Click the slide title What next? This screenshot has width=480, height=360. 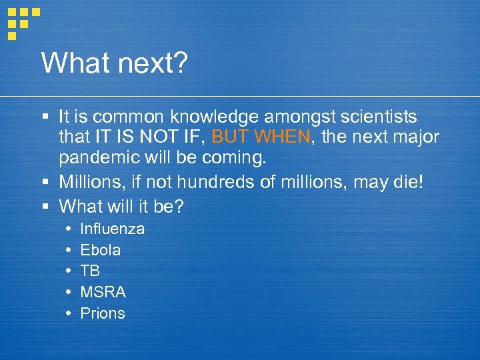click(115, 63)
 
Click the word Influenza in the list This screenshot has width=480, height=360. click(112, 229)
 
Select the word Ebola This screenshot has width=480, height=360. click(101, 250)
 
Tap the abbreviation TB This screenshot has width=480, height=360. click(90, 271)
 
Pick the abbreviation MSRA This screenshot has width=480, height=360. click(103, 292)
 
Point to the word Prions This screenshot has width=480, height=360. click(103, 313)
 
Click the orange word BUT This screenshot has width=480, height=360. click(229, 138)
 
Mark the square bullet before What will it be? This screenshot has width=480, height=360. click(45, 207)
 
